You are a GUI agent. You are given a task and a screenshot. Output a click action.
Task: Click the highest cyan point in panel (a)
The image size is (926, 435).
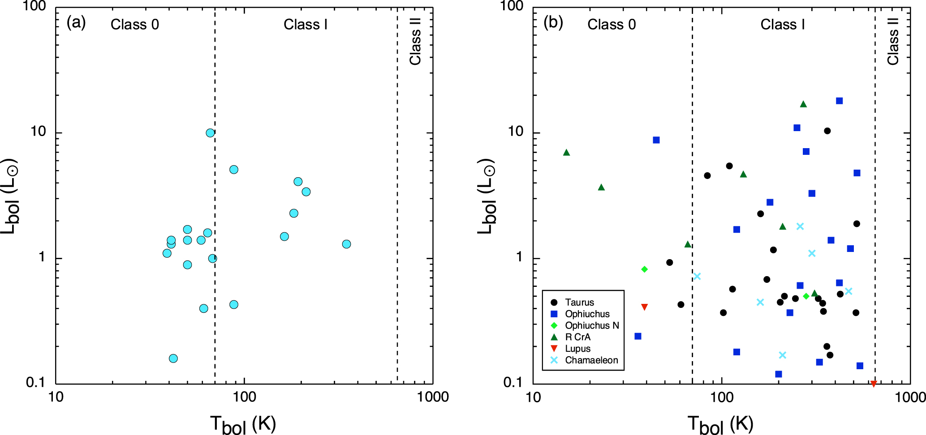click(x=210, y=133)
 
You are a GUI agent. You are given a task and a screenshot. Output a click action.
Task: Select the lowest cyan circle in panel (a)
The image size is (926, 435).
click(x=173, y=358)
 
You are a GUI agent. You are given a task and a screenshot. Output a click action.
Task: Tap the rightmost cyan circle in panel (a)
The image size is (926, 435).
click(x=346, y=244)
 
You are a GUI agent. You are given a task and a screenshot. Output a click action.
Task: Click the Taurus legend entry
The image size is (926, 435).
click(x=579, y=303)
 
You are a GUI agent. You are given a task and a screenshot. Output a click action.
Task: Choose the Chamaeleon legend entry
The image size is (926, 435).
click(x=591, y=360)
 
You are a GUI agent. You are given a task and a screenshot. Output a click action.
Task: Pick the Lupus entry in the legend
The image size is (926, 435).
click(x=577, y=349)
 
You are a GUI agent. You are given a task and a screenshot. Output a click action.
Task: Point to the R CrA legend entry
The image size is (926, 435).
click(x=577, y=337)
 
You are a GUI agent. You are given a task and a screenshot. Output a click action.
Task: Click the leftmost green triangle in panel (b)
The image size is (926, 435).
click(x=566, y=153)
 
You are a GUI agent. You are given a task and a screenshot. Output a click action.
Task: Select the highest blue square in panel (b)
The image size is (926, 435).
click(x=839, y=101)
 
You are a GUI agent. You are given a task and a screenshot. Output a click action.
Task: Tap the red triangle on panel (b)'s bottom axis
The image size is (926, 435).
click(x=874, y=384)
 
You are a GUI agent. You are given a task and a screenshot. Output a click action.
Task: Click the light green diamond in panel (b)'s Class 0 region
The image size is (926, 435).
click(x=644, y=269)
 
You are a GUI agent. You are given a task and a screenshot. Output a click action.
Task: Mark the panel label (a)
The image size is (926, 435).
click(x=76, y=22)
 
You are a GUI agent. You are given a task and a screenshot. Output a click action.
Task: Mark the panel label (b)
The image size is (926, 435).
click(x=553, y=22)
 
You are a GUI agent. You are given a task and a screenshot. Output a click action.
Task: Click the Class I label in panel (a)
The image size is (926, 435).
click(x=306, y=25)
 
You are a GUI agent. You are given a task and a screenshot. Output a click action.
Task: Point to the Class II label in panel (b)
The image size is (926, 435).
click(x=892, y=41)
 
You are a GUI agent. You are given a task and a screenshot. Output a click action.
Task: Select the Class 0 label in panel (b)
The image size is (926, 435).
click(x=612, y=25)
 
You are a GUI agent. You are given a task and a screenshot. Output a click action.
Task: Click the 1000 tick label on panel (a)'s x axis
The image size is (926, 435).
click(x=433, y=397)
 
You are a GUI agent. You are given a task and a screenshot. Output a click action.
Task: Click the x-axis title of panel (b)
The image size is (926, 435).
click(x=720, y=424)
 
